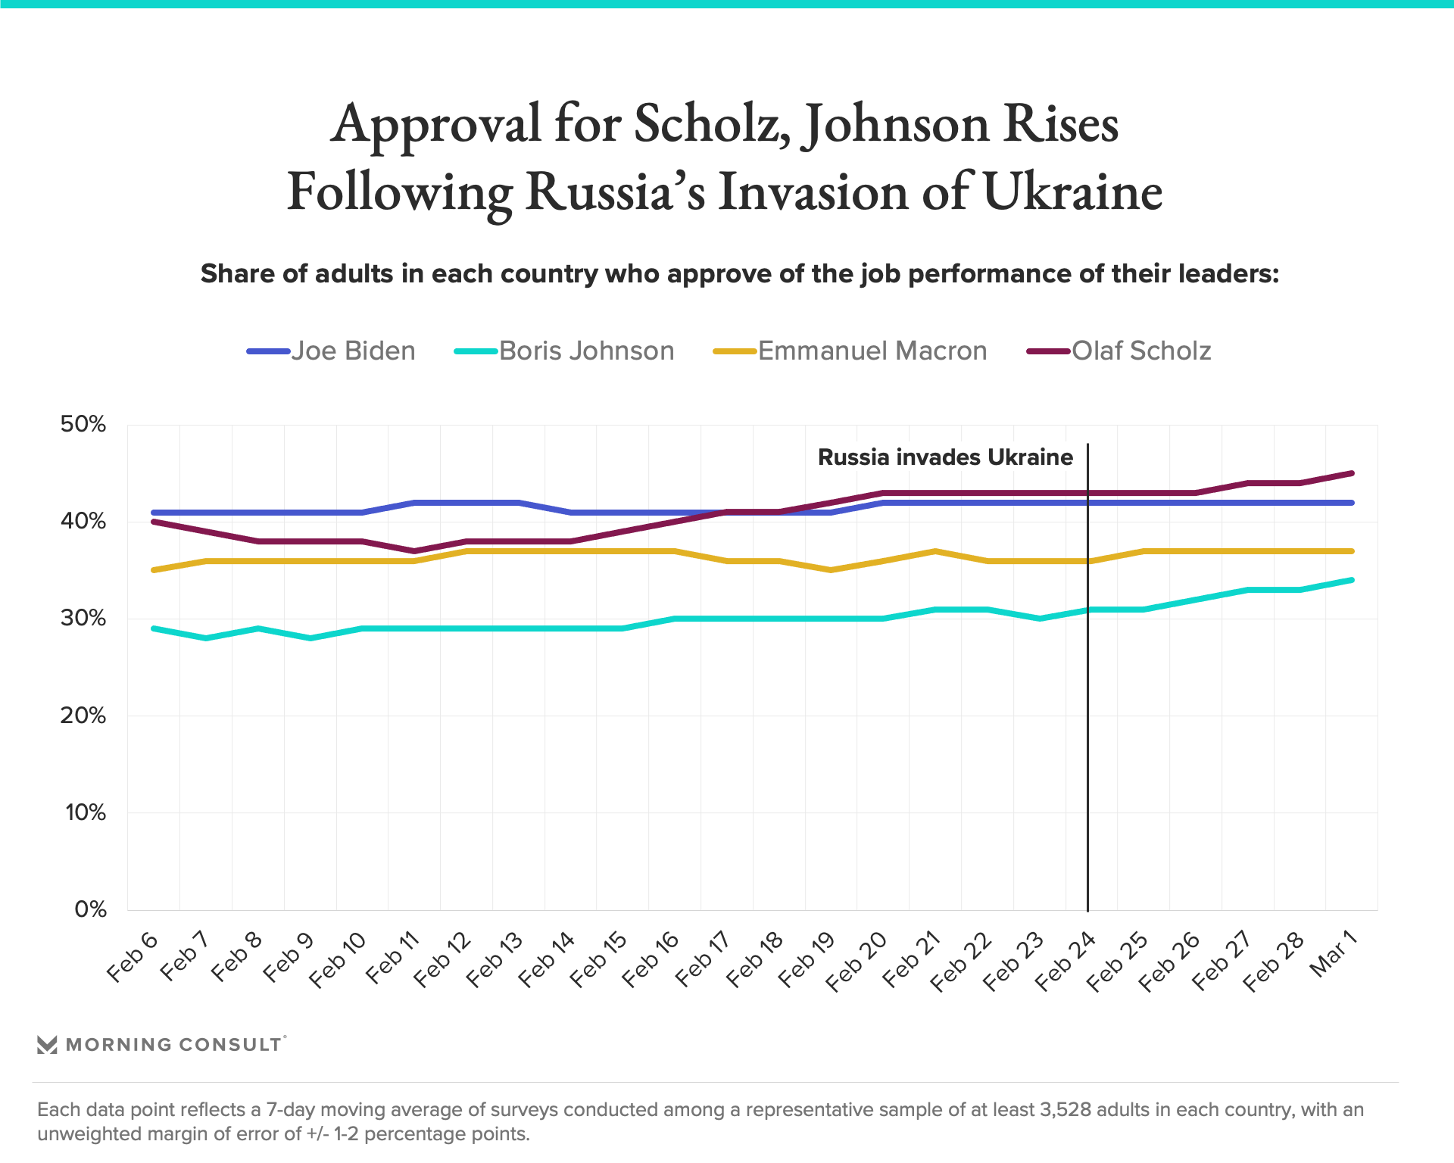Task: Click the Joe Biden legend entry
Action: tap(332, 351)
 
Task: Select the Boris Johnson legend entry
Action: tap(564, 351)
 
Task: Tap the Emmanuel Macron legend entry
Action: tap(850, 351)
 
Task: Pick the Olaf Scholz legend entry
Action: tap(1119, 351)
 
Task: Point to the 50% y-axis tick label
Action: tap(83, 424)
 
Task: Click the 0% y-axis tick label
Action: tap(90, 909)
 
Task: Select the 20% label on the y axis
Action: tap(83, 716)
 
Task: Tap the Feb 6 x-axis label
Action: tap(133, 958)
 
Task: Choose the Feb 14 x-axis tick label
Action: tap(547, 961)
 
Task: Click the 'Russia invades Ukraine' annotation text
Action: tap(945, 457)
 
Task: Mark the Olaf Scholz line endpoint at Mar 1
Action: tap(1352, 474)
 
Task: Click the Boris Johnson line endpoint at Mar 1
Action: tap(1352, 580)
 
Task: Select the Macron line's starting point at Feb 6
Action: tap(154, 569)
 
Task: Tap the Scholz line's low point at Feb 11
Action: tap(414, 550)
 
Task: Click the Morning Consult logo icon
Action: tap(47, 1045)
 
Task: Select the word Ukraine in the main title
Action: tap(1072, 192)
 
